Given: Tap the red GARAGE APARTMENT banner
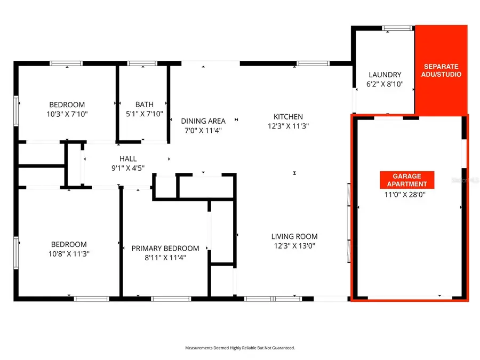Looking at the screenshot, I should click(x=407, y=180).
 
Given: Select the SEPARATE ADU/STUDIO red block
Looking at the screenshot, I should click(x=441, y=70).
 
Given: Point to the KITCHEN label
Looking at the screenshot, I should click(x=288, y=117).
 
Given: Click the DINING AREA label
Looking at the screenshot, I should click(x=203, y=121).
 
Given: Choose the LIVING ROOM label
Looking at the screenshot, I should click(x=294, y=236).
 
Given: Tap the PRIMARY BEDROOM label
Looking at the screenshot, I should click(x=165, y=248).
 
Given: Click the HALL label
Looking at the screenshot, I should click(x=128, y=158).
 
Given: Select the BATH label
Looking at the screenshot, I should click(x=144, y=105).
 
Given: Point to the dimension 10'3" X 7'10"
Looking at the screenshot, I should click(x=67, y=114).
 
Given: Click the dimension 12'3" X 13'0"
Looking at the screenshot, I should click(x=294, y=246).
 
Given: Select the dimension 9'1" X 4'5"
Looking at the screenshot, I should click(x=128, y=167).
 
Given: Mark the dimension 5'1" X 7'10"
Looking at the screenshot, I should click(x=144, y=114).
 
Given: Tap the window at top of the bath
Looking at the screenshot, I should click(x=142, y=64).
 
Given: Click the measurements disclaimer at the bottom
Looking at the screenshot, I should click(x=240, y=348).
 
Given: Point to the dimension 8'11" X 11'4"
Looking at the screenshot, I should click(x=165, y=258).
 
